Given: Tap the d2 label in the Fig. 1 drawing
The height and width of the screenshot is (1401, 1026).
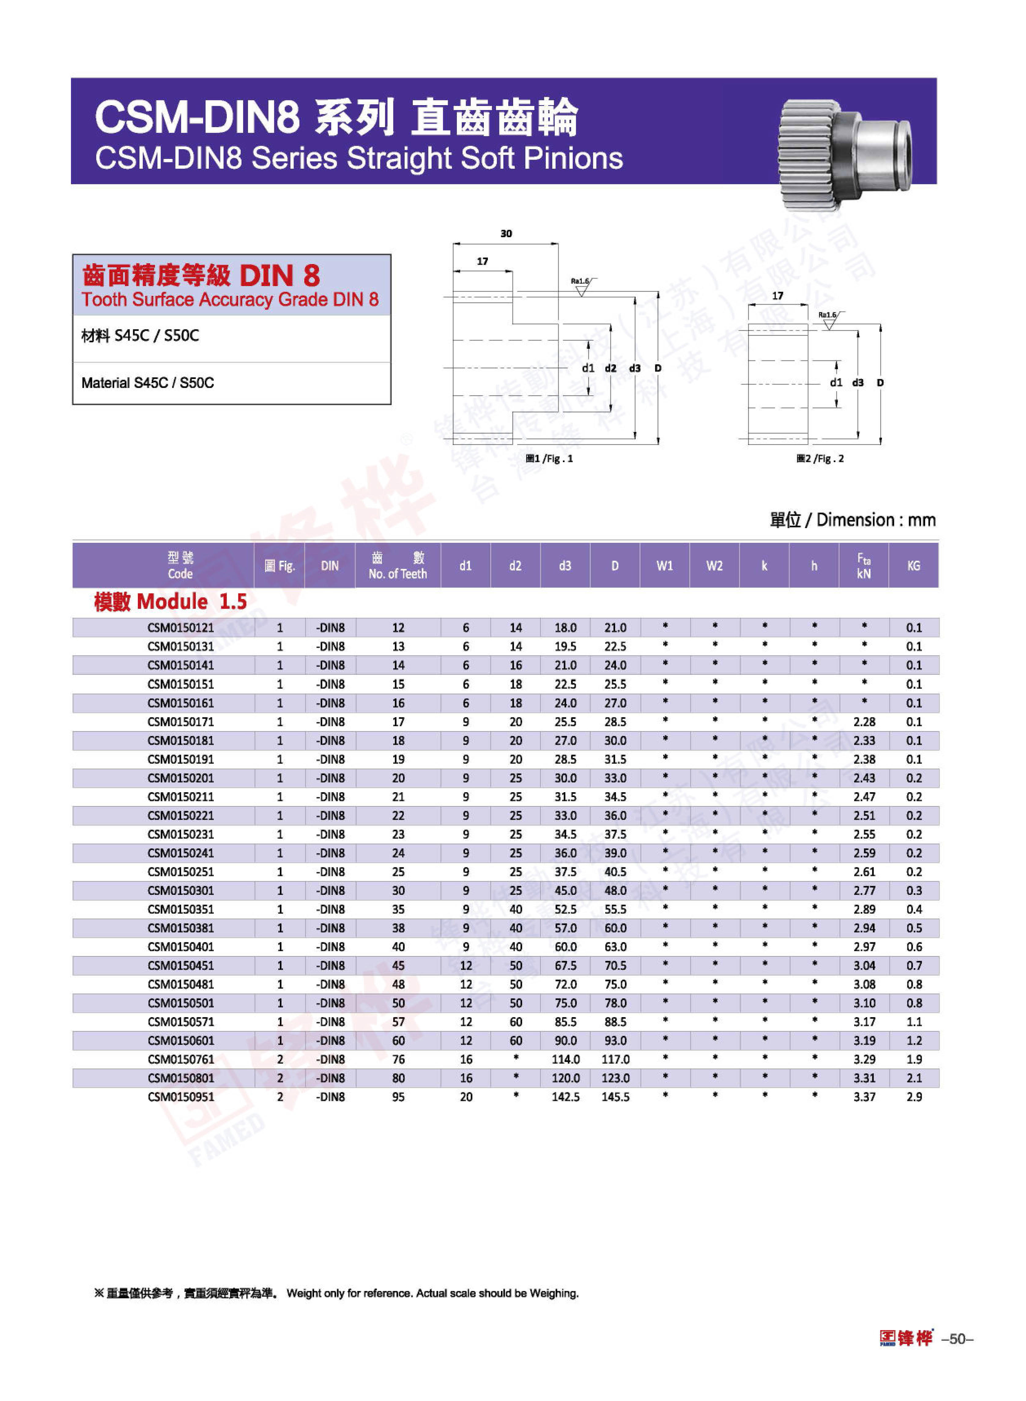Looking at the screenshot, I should [610, 368].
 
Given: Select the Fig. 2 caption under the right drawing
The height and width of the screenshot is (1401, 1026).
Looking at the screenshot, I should [820, 459].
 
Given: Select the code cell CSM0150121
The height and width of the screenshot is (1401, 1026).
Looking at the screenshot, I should [181, 627].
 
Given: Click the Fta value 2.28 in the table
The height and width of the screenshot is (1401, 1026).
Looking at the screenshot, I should [864, 722].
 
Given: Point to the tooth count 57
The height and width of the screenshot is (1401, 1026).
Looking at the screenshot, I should [398, 1022].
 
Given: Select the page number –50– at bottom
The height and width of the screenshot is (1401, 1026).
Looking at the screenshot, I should [957, 1339].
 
